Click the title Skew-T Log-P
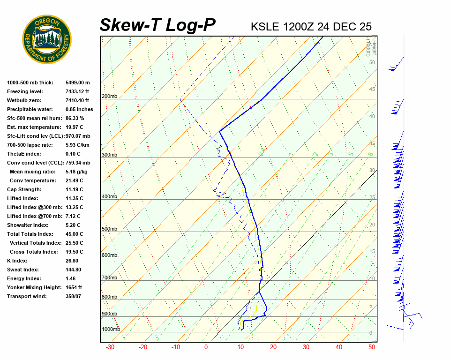pyautogui.click(x=157, y=25)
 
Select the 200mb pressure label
pyautogui.click(x=109, y=97)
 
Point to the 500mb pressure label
pyautogui.click(x=109, y=229)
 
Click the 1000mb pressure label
pyautogui.click(x=111, y=330)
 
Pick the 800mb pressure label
pyautogui.click(x=109, y=297)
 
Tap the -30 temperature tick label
pyautogui.click(x=110, y=347)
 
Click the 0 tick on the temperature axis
pyautogui.click(x=206, y=347)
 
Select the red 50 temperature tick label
pyautogui.click(x=372, y=347)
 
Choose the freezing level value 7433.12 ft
pyautogui.click(x=77, y=91)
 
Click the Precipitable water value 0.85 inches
pyautogui.click(x=79, y=109)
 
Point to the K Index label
pyautogui.click(x=17, y=261)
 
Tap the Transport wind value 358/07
pyautogui.click(x=75, y=296)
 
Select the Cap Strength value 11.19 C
pyautogui.click(x=75, y=189)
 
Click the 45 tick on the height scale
pyautogui.click(x=372, y=90)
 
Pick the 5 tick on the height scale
pyautogui.click(x=370, y=306)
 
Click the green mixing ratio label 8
pyautogui.click(x=370, y=154)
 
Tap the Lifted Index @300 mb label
pyautogui.click(x=31, y=207)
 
